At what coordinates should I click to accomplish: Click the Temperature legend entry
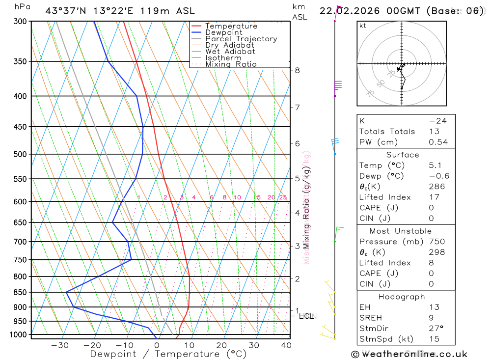[x=231, y=26]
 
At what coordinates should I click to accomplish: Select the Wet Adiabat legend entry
[x=230, y=52]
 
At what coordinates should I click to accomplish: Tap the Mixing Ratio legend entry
[x=231, y=64]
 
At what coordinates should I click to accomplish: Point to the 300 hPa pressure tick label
[x=21, y=22]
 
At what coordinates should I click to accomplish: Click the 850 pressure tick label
[x=21, y=292]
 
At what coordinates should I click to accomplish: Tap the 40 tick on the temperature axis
[x=286, y=345]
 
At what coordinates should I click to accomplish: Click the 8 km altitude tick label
[x=298, y=70]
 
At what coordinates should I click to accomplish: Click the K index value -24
[x=437, y=121]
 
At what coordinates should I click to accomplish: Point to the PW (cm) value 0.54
[x=438, y=142]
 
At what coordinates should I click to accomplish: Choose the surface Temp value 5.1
[x=435, y=166]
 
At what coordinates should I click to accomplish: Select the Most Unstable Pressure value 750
[x=436, y=242]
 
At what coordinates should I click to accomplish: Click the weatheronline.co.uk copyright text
[x=409, y=354]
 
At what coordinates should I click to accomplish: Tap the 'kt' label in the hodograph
[x=363, y=26]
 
